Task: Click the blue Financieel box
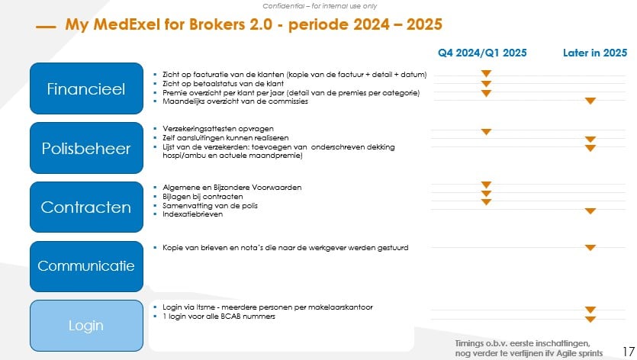tap(86, 88)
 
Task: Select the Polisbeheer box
tap(86, 148)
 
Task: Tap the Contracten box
tap(86, 207)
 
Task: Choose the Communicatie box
tap(86, 266)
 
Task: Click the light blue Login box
tap(86, 326)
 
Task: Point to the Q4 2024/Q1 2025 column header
tap(481, 53)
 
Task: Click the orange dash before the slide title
tap(46, 27)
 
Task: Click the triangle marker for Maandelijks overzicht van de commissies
tap(590, 101)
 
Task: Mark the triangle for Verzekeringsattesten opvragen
tap(486, 132)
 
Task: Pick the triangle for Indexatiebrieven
tap(590, 211)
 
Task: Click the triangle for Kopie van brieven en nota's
tap(590, 248)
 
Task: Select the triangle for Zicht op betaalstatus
tap(486, 83)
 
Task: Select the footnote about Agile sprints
tap(528, 348)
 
